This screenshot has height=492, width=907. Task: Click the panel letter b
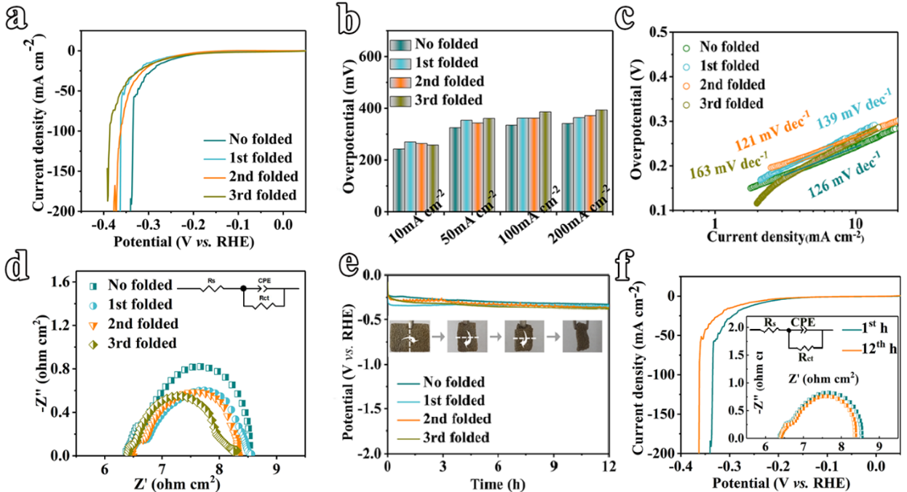[349, 19]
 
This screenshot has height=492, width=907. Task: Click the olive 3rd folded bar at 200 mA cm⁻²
[601, 161]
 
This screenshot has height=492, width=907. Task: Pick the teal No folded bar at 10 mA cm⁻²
[399, 180]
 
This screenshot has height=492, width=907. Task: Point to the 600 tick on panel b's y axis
[371, 57]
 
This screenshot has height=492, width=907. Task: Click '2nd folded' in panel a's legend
[264, 177]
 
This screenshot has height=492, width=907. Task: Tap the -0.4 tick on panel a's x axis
[103, 224]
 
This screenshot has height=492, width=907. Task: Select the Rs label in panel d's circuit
[211, 281]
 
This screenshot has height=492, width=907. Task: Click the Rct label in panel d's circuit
[264, 298]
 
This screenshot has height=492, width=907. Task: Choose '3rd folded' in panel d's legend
[142, 344]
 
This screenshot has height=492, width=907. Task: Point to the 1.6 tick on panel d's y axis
[60, 282]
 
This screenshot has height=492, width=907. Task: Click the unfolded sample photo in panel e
[409, 336]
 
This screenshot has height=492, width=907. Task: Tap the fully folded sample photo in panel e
[582, 336]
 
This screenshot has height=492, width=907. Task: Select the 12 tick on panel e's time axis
[608, 467]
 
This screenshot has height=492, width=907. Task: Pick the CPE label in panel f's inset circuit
[803, 322]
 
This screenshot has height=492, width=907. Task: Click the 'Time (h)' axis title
[498, 484]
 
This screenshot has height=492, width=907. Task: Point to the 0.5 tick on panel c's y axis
[658, 32]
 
